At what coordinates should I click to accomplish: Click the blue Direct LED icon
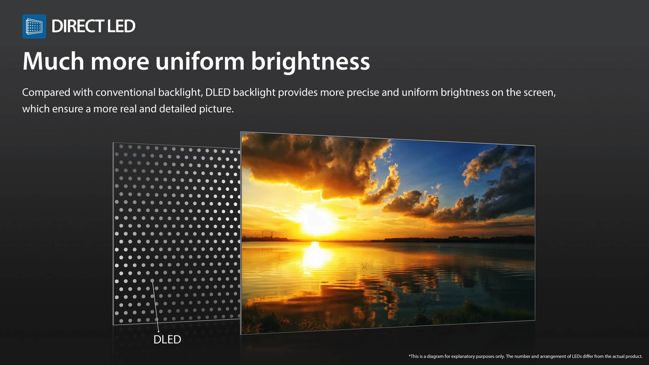[x=34, y=26]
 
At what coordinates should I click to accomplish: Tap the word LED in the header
[x=121, y=26]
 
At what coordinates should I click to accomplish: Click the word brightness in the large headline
[x=311, y=62]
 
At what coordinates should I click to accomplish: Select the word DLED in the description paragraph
[x=218, y=92]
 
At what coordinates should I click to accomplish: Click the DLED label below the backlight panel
[x=167, y=339]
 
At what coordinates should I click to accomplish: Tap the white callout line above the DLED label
[x=155, y=306]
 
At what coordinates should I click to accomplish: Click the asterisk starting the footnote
[x=409, y=356]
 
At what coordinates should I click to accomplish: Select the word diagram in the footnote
[x=435, y=356]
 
